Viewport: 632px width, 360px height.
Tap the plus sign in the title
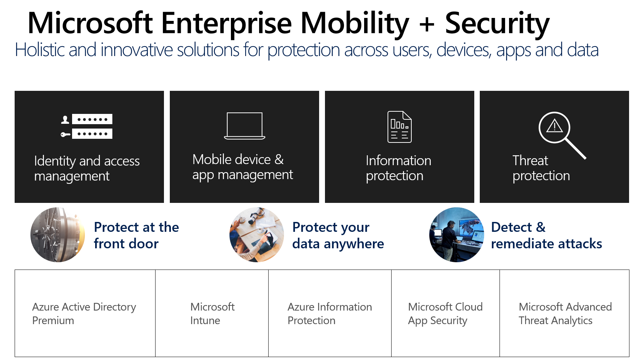(x=427, y=24)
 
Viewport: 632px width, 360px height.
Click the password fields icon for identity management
(x=86, y=126)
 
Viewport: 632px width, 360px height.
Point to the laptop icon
(x=244, y=126)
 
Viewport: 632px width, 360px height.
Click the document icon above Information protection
(x=400, y=127)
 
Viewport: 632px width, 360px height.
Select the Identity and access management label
(x=87, y=168)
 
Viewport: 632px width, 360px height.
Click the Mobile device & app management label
(x=243, y=167)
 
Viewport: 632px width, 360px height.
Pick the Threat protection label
(x=541, y=168)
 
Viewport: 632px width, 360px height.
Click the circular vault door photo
(x=58, y=235)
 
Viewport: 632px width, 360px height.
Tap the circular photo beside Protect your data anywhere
(x=257, y=235)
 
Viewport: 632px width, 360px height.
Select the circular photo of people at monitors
(x=456, y=235)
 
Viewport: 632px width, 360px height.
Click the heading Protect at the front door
(x=136, y=235)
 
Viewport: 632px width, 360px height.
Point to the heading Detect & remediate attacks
(x=546, y=235)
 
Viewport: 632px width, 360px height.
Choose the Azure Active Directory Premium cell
(x=85, y=313)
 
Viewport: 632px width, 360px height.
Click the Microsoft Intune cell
(x=212, y=313)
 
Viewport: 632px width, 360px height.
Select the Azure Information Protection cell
(x=330, y=313)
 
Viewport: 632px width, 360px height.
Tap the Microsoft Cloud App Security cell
(x=445, y=313)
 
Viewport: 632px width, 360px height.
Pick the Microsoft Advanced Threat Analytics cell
(x=565, y=313)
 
